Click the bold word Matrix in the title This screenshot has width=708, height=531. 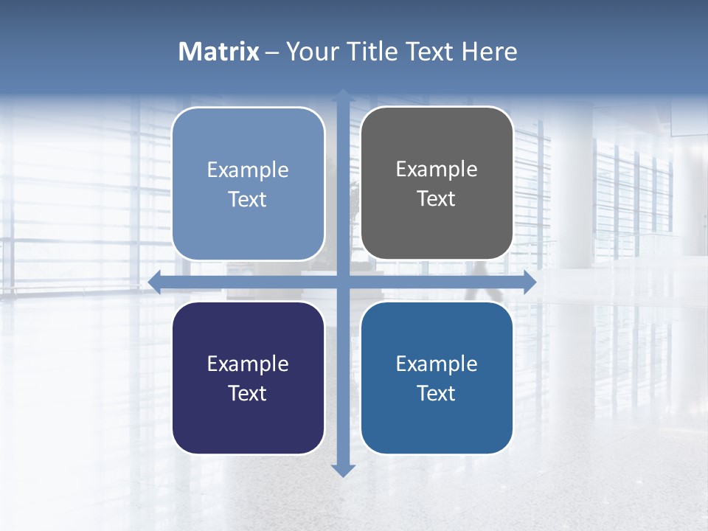219,52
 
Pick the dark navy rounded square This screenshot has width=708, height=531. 248,420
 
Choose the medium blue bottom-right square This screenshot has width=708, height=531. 437,420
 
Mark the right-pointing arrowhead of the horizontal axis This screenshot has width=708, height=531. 529,282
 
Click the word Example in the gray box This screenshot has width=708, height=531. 437,170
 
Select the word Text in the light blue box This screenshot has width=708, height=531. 248,199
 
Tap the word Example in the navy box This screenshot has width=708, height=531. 248,364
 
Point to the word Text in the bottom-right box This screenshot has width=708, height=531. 437,393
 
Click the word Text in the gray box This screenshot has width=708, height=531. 437,198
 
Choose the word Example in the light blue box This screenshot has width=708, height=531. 248,170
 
